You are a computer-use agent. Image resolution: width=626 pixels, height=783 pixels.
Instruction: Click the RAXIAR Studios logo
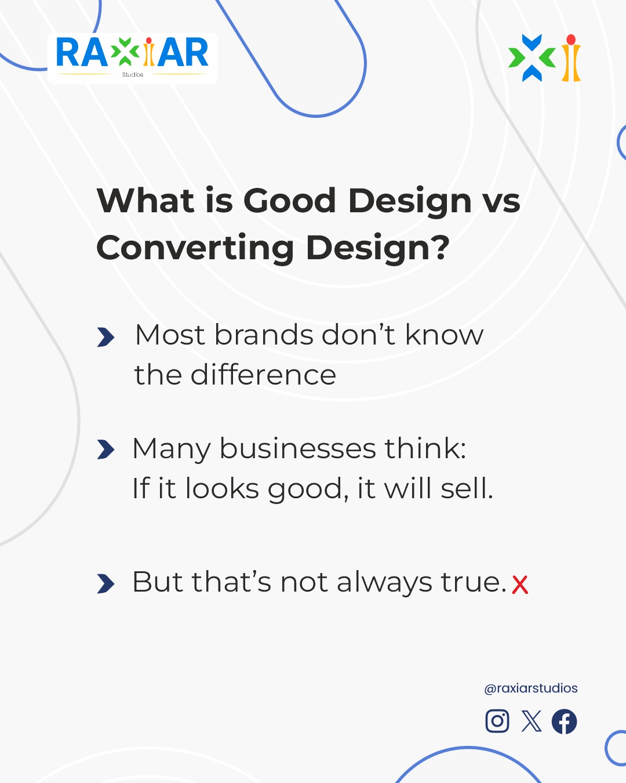(x=132, y=58)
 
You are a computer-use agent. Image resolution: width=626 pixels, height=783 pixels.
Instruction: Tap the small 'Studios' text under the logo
(x=133, y=75)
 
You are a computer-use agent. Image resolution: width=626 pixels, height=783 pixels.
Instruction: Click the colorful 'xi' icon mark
(x=544, y=58)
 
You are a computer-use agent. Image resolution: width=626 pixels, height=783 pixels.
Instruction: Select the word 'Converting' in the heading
(x=195, y=248)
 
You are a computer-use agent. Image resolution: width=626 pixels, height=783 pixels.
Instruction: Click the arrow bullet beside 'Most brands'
(x=106, y=337)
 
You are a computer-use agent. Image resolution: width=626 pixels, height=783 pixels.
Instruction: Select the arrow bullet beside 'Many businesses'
(x=106, y=449)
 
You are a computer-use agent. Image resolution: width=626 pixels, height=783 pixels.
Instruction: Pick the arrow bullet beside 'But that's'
(x=106, y=583)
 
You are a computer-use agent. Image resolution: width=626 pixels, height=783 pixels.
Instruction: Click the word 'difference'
(x=263, y=375)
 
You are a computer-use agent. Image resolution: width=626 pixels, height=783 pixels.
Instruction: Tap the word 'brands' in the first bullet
(x=264, y=335)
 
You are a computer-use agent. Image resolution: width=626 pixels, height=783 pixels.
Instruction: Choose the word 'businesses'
(x=298, y=448)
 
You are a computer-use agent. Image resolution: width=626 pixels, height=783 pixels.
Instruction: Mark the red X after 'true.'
(x=520, y=584)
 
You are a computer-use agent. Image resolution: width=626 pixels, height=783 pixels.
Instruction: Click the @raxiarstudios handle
(x=531, y=688)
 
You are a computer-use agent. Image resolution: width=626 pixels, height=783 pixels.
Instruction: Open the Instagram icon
(x=497, y=721)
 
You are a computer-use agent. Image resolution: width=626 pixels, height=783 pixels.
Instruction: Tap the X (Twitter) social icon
(x=532, y=721)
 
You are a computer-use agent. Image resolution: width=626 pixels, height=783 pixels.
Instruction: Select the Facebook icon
(x=564, y=721)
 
